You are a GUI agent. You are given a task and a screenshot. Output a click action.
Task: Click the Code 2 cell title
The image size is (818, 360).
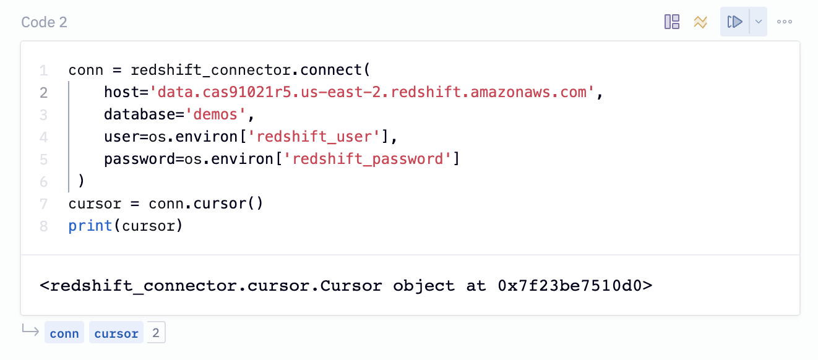(x=44, y=22)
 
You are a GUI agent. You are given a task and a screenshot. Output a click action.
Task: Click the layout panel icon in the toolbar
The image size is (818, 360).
(x=672, y=22)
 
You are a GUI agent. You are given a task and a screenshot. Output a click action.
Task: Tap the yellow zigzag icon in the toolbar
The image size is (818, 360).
(x=700, y=22)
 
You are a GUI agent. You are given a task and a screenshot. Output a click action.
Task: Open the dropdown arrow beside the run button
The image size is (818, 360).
(x=759, y=22)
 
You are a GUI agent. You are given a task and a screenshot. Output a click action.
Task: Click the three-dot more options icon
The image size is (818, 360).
(x=785, y=22)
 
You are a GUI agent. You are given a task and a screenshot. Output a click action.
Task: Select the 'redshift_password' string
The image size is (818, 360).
(x=368, y=160)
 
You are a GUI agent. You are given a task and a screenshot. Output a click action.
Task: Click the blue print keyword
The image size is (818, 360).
(x=90, y=226)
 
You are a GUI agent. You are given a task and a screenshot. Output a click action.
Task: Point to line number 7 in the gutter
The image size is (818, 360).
(x=43, y=204)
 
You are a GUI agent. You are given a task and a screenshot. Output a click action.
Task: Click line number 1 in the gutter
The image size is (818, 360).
(x=43, y=71)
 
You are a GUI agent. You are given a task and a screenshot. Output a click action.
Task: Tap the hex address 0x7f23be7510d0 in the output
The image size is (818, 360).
(x=574, y=286)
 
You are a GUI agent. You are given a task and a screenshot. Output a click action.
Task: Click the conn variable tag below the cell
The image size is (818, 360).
(x=64, y=333)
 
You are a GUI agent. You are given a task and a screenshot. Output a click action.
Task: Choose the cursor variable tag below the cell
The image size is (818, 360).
(x=116, y=333)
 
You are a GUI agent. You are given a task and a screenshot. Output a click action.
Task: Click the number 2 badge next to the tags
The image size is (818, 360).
(x=156, y=333)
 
